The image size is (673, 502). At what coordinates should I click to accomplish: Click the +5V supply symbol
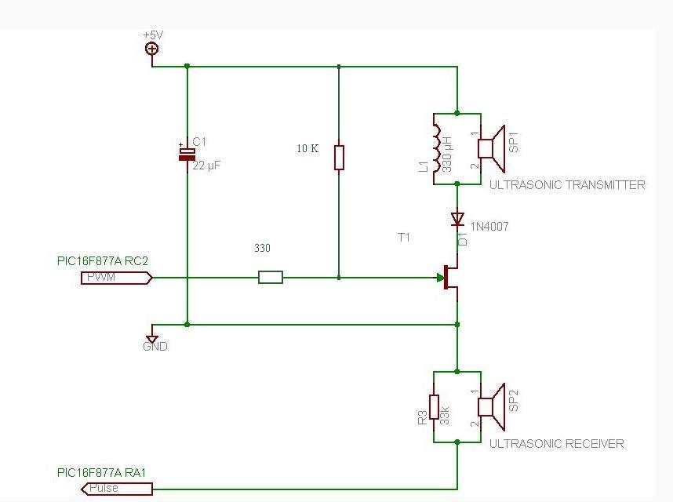click(151, 49)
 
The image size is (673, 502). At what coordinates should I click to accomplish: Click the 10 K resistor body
click(339, 157)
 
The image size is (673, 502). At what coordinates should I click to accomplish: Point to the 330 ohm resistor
click(271, 277)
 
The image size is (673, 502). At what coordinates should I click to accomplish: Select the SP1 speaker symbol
click(490, 149)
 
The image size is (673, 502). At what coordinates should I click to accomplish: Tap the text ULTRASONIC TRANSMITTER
click(567, 185)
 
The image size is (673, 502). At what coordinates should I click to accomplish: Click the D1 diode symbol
click(457, 218)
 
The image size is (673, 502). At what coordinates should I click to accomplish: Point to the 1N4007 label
click(489, 227)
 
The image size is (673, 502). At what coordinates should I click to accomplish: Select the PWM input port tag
click(115, 277)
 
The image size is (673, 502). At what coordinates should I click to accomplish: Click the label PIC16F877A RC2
click(103, 260)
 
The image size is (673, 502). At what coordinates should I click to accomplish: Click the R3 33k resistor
click(434, 408)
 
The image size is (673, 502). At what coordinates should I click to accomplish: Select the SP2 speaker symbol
click(490, 407)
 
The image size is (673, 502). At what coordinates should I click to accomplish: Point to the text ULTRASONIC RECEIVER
click(557, 444)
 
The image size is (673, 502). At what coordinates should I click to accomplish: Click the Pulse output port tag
click(117, 489)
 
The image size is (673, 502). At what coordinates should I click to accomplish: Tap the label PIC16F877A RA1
click(102, 473)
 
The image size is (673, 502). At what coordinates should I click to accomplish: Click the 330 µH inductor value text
click(448, 154)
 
